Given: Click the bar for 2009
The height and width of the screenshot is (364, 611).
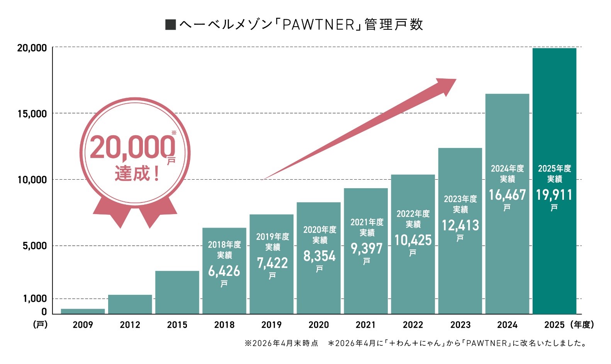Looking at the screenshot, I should (x=83, y=311).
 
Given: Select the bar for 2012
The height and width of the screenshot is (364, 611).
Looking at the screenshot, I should (x=130, y=304).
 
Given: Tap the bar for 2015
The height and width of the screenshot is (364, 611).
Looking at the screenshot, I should (x=177, y=292).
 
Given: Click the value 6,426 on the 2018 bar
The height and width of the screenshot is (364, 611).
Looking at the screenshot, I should (x=224, y=271).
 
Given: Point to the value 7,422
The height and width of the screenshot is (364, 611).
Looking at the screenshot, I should (x=272, y=263).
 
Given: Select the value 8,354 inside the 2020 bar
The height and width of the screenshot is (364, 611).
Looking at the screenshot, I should (x=319, y=256).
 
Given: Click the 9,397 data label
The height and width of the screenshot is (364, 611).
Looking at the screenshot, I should (x=367, y=248).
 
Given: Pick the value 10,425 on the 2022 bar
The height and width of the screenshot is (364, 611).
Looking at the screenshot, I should (x=413, y=240).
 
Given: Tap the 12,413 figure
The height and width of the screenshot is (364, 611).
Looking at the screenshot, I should (x=460, y=225).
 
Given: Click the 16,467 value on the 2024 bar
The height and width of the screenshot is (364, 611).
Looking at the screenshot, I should (x=507, y=195).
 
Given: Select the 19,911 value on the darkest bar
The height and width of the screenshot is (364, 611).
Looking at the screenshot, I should (x=554, y=195).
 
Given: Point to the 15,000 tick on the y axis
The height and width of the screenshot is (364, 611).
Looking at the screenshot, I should (x=32, y=114).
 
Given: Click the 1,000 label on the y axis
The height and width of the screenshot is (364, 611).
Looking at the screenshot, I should (x=35, y=299).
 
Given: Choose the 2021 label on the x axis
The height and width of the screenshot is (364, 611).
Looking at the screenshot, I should (x=366, y=325).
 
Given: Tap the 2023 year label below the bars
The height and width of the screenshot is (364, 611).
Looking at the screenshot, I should (x=460, y=325).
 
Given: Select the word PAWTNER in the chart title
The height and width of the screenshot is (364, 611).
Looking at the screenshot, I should (x=318, y=25).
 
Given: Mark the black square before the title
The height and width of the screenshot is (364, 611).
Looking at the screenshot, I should (x=170, y=25).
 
